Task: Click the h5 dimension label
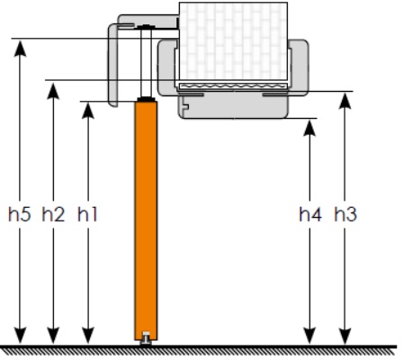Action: point(20,214)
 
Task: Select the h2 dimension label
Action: point(53,214)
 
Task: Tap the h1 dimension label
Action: point(87,214)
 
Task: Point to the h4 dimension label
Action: point(310,214)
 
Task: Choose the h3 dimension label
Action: point(345,214)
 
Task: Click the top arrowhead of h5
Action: point(20,48)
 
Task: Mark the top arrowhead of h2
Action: point(53,91)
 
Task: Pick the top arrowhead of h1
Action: point(88,111)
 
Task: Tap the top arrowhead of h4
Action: point(309,128)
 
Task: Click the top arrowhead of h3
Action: point(345,101)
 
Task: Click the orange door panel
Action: point(146,220)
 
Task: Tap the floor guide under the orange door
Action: point(146,338)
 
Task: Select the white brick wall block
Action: point(233,41)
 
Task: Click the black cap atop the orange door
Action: point(146,99)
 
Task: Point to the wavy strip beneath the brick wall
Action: point(233,86)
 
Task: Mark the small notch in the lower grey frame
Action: point(185,106)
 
